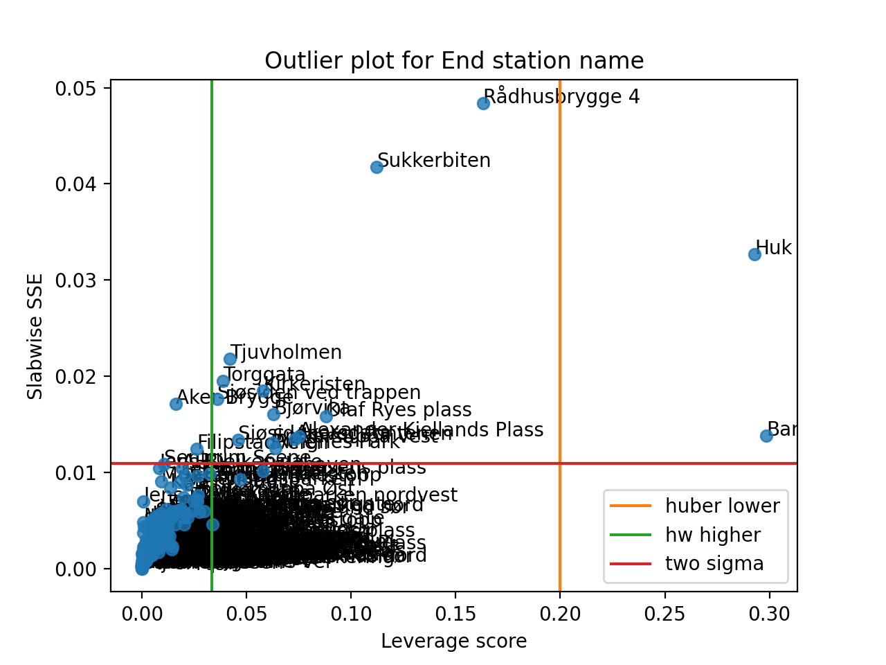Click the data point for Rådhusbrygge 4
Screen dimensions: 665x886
click(483, 103)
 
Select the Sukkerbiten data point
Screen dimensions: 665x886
click(377, 167)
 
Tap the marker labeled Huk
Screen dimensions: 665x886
click(754, 254)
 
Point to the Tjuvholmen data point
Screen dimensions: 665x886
click(230, 359)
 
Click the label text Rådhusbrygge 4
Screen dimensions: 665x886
click(561, 96)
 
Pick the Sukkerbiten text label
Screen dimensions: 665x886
click(434, 161)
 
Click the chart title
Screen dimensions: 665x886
click(454, 61)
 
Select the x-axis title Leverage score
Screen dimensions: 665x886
click(454, 641)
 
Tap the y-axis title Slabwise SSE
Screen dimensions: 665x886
click(35, 337)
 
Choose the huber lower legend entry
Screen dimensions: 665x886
click(722, 506)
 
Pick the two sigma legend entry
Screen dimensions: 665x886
click(714, 564)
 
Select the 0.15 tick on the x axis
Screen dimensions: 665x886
click(455, 614)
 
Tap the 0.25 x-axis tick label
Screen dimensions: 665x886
click(664, 614)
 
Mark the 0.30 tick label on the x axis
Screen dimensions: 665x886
click(769, 614)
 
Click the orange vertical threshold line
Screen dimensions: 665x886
click(560, 312)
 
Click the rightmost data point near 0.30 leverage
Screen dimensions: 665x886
click(766, 436)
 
